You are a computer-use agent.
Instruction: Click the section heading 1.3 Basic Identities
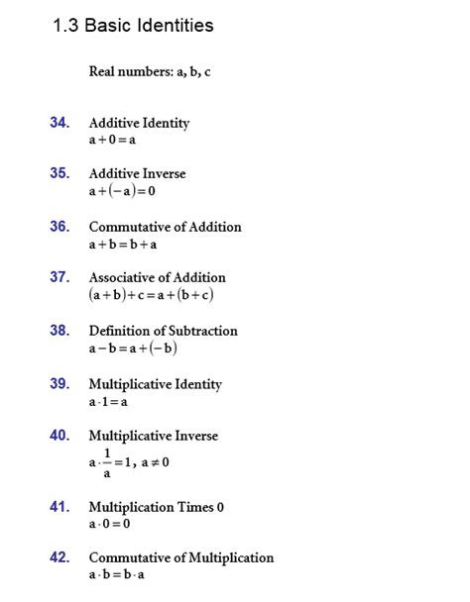coord(133,26)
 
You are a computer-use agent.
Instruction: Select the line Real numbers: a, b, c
coord(150,72)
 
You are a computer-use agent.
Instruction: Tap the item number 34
coord(59,122)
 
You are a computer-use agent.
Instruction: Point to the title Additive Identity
coord(139,123)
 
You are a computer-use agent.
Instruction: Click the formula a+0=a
coord(112,140)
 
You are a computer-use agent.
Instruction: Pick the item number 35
coord(59,173)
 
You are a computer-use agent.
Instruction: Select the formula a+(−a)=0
coord(122,191)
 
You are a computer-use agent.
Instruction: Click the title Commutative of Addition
coord(165,227)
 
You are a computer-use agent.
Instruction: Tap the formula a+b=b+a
coord(123,244)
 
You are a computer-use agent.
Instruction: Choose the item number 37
coord(59,277)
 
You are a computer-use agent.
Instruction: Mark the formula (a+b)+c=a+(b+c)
coord(152,295)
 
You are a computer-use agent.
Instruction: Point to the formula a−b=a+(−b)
coord(133,349)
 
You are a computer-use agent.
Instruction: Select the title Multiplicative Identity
coord(155,384)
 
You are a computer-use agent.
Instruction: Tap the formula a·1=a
coord(108,402)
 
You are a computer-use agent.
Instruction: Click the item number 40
coord(59,435)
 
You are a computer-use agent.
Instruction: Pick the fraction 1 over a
coord(107,462)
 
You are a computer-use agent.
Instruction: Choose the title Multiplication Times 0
coord(156,507)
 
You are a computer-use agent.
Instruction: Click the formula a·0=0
coord(109,524)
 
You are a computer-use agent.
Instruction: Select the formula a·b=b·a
coord(118,575)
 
